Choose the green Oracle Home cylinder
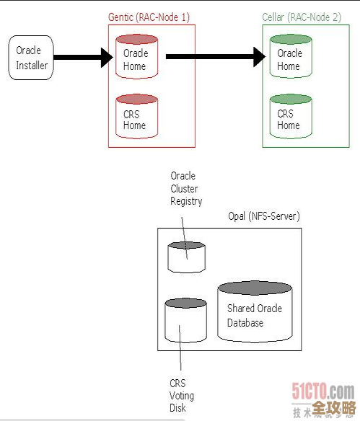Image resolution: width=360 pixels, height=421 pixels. [291, 57]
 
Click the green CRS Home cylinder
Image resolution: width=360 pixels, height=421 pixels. [291, 116]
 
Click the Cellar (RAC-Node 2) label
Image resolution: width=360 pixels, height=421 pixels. [302, 16]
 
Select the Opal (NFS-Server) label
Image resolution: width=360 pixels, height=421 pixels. [263, 216]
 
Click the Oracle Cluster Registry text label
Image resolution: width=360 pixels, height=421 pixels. [185, 189]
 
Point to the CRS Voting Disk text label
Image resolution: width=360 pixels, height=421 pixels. [182, 396]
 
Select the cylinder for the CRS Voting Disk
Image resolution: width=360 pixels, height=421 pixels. [185, 321]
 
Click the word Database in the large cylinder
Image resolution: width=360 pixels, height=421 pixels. [245, 323]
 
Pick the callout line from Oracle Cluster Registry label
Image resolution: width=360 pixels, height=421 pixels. [183, 229]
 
